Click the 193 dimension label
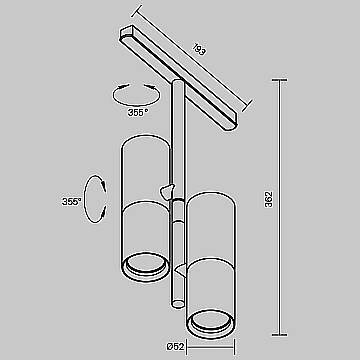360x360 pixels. pyautogui.click(x=199, y=49)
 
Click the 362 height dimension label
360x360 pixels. pyautogui.click(x=269, y=200)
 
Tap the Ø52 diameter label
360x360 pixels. pyautogui.click(x=175, y=347)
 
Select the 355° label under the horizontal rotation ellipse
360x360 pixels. pyautogui.click(x=138, y=112)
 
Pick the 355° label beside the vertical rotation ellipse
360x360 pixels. pyautogui.click(x=72, y=202)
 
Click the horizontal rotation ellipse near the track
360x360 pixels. pyautogui.click(x=136, y=101)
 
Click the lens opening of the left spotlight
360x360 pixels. pyautogui.click(x=144, y=263)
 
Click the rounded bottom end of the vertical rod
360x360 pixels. pyautogui.click(x=178, y=303)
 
